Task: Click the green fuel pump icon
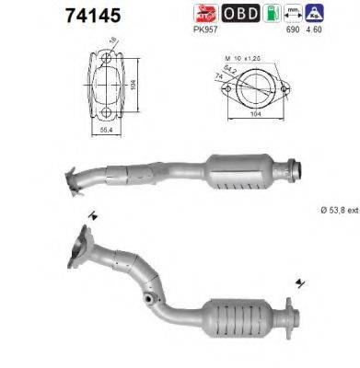click(269, 14)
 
